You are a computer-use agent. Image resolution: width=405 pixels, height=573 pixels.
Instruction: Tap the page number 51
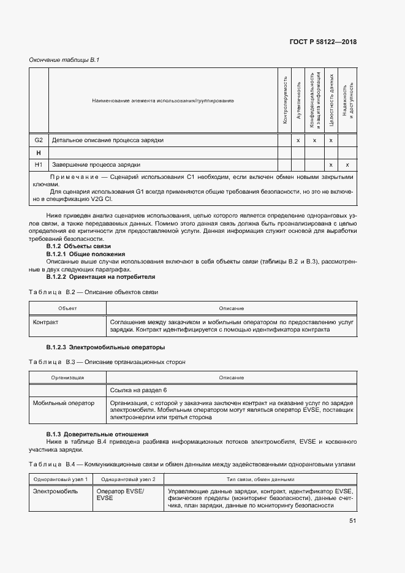point(353,521)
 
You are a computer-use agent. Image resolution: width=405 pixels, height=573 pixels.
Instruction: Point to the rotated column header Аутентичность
point(298,100)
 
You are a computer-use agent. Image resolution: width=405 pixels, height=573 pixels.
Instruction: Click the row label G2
point(39,140)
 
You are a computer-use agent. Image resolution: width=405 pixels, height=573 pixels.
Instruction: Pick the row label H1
point(39,165)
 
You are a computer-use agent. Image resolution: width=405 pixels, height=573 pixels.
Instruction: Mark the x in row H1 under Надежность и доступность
point(347,165)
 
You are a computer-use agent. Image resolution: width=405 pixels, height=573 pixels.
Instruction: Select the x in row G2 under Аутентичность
point(298,140)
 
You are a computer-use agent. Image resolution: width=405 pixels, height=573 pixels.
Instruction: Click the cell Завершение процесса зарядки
point(96,165)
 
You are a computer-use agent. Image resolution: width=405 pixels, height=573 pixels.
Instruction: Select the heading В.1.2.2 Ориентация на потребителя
point(96,276)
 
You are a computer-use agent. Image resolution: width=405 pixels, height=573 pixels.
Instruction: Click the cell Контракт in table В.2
point(46,321)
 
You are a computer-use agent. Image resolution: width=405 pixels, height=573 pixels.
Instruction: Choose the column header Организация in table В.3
point(67,378)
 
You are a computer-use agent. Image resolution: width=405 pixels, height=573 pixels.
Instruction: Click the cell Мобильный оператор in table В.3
point(64,403)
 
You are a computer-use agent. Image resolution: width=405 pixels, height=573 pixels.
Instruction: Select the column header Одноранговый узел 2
point(129,479)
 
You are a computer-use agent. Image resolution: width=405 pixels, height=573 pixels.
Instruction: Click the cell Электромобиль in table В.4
point(53,491)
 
